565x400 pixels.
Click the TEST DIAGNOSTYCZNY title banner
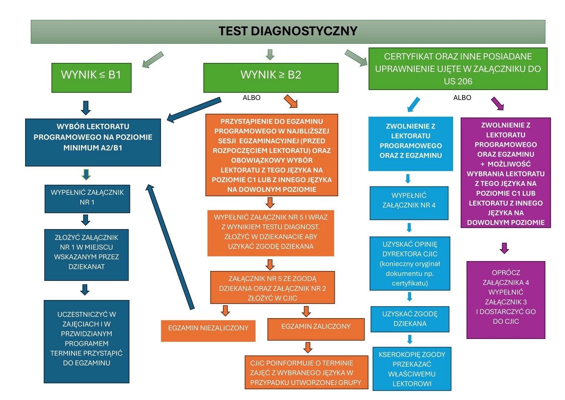[288, 31]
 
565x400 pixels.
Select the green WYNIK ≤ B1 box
[91, 77]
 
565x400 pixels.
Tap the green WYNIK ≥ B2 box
[271, 77]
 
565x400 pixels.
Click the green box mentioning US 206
[458, 69]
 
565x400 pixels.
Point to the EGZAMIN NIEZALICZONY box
[208, 330]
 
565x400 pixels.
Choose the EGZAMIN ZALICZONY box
[316, 329]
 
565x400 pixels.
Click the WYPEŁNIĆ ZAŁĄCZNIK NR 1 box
[87, 199]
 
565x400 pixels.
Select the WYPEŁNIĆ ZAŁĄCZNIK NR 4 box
[409, 203]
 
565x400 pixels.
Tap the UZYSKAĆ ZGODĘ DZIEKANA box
[410, 319]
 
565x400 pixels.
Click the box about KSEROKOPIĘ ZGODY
[412, 369]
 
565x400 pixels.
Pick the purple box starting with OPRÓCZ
[506, 300]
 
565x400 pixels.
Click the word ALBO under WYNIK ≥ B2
[252, 98]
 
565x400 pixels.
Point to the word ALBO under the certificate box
[462, 98]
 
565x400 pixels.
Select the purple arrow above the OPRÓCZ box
[504, 248]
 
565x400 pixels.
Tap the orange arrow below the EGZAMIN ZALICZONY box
[308, 347]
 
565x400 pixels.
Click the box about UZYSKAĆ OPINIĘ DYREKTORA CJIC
[410, 264]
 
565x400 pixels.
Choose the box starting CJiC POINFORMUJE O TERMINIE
[306, 373]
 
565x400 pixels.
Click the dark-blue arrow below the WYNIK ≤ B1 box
[86, 108]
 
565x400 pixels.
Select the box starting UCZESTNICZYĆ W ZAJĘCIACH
[87, 341]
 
